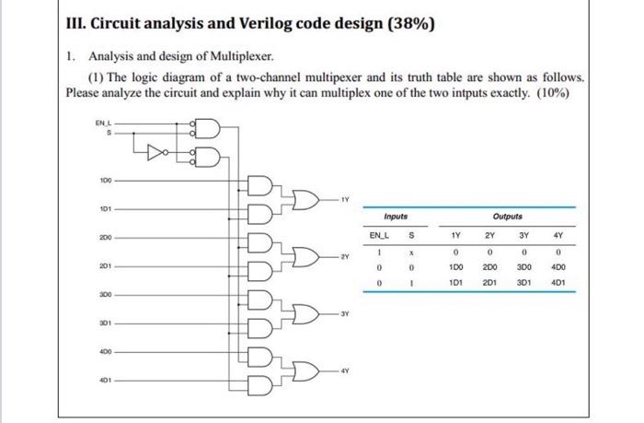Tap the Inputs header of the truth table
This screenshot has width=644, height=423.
[397, 217]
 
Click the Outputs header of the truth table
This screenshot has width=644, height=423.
[507, 217]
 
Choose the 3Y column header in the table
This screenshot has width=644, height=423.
[524, 234]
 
